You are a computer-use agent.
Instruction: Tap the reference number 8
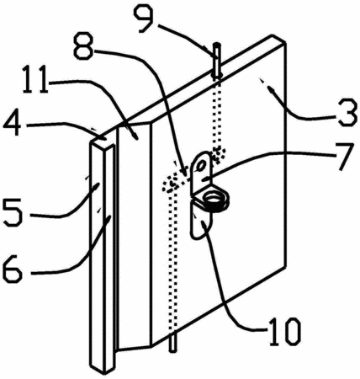tap(83, 46)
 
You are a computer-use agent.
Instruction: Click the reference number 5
tap(13, 212)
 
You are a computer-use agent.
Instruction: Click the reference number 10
tap(284, 332)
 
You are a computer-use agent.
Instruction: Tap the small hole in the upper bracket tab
tap(201, 167)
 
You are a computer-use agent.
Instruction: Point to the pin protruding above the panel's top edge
tap(217, 60)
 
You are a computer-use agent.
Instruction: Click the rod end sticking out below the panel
tap(173, 342)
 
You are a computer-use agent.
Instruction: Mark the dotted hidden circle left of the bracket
tap(172, 184)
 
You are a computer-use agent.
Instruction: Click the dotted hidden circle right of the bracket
tap(218, 154)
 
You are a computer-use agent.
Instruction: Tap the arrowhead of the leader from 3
tap(271, 90)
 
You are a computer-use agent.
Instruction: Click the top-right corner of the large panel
tap(285, 44)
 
